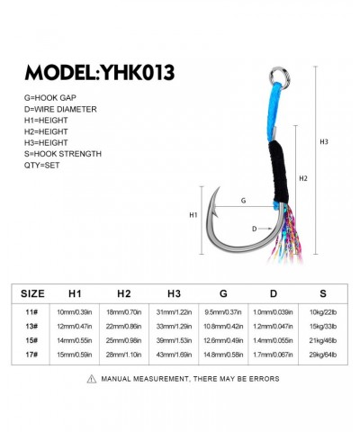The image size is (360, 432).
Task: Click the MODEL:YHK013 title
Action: coord(100,73)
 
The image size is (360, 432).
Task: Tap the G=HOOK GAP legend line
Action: coord(50,98)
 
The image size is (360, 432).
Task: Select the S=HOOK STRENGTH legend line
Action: coord(63,154)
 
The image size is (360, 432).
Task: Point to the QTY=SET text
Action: coord(41,166)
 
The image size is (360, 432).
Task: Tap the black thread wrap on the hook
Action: coord(279,171)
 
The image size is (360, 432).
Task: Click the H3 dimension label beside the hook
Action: coord(324,142)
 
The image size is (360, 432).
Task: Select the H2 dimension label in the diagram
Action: coord(303,178)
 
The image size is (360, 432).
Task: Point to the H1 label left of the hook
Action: coord(193,215)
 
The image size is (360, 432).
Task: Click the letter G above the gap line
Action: coord(243,201)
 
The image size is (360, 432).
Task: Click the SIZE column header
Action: coord(32,293)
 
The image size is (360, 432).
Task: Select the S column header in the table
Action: coord(323,293)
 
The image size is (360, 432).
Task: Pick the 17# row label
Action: coord(31,355)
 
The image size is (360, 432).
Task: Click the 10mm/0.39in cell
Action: coord(75,312)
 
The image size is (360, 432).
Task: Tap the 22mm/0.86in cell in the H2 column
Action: coord(123,327)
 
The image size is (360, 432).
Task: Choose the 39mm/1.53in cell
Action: coord(174,340)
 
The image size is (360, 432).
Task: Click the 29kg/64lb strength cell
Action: coord(323,355)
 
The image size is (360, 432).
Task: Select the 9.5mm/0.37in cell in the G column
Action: coord(223,312)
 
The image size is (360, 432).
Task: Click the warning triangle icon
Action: coord(92,379)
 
